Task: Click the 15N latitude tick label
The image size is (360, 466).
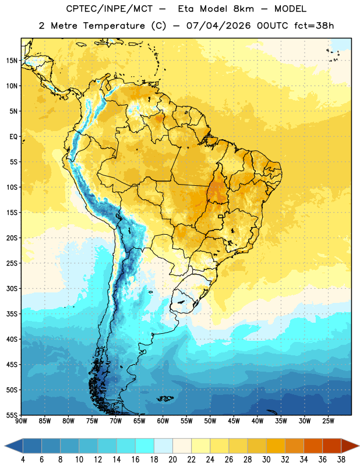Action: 12,61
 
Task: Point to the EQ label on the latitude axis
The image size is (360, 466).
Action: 13,137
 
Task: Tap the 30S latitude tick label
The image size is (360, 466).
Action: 12,289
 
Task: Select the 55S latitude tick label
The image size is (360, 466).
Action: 12,415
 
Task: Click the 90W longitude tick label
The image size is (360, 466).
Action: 21,421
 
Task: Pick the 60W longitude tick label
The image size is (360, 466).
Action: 163,421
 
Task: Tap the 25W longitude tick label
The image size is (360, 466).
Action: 328,421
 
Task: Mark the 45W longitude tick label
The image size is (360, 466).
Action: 234,421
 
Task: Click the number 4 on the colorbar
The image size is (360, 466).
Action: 23,460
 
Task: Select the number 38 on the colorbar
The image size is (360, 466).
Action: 341,460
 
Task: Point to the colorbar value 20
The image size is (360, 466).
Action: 172,460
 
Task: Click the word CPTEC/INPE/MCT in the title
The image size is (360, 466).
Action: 110,9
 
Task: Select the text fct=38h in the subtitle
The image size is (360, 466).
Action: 314,26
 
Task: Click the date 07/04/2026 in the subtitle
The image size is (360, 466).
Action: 218,26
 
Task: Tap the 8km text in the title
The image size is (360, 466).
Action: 243,9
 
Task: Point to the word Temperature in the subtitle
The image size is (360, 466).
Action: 114,26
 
